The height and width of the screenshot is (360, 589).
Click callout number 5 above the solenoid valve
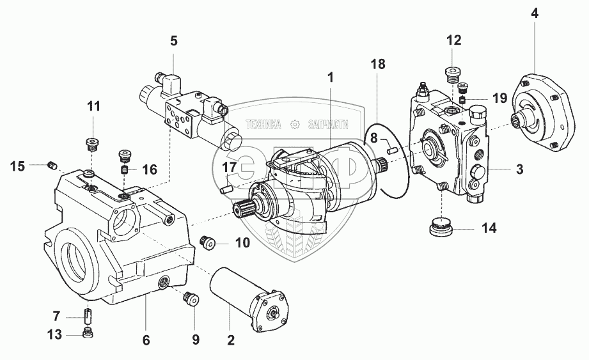[x=173, y=40]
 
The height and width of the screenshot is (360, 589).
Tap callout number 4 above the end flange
[x=534, y=13]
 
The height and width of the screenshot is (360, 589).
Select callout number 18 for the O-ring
[x=378, y=64]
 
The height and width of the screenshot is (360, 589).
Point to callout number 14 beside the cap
[x=489, y=228]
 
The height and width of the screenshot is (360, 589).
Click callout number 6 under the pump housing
[x=146, y=340]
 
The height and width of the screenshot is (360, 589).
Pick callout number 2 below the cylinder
[x=231, y=340]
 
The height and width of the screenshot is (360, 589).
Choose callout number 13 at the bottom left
[x=54, y=334]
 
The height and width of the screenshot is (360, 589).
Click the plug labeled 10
[x=207, y=242]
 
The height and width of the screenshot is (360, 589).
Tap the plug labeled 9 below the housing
[x=192, y=299]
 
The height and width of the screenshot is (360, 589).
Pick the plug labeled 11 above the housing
[x=91, y=144]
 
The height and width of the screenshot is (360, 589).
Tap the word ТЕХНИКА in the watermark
[x=263, y=124]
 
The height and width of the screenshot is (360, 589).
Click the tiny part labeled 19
[x=464, y=100]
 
